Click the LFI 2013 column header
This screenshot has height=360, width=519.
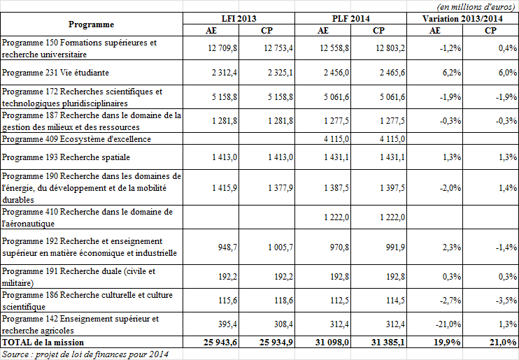239,18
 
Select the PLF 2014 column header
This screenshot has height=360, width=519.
350,18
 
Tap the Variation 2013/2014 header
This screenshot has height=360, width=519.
462,18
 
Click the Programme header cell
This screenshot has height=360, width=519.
92,24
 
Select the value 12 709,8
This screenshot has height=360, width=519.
223,48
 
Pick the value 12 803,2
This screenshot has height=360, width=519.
390,48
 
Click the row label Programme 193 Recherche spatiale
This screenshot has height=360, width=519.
56,157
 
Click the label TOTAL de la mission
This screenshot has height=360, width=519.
43,342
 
